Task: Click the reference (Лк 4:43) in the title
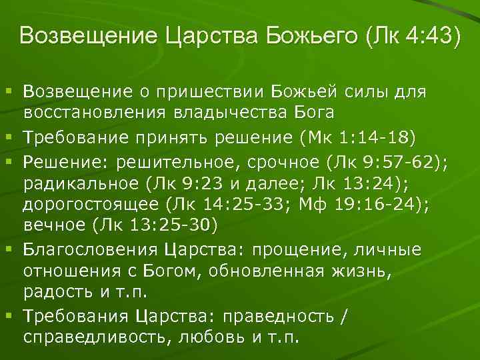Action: [412, 36]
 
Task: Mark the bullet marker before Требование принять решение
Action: [9, 137]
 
